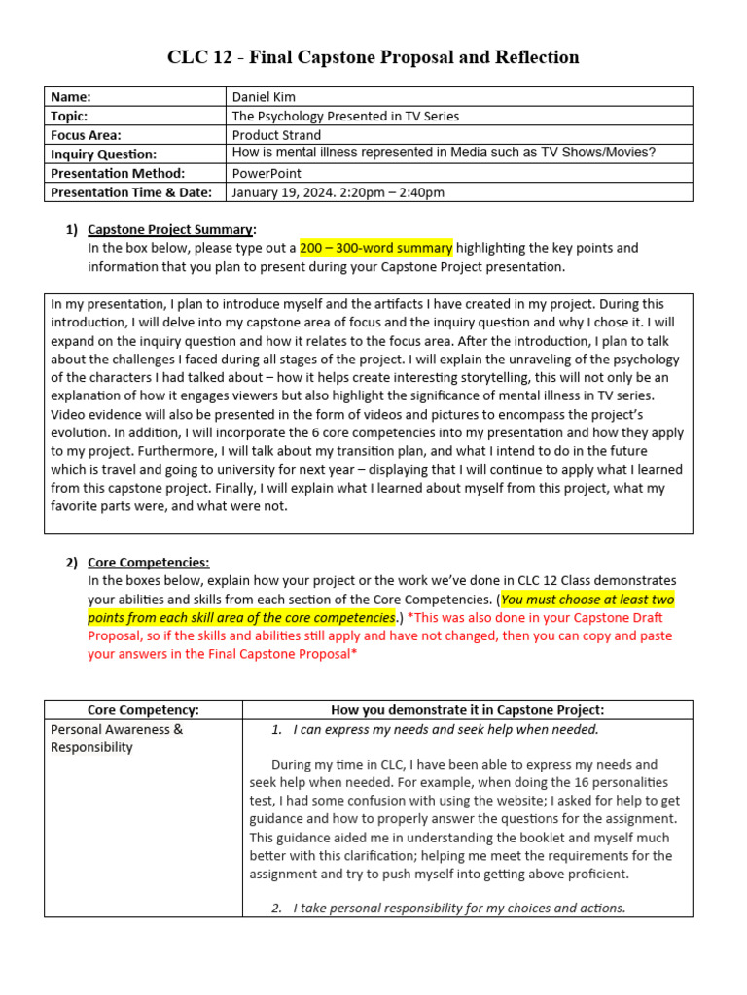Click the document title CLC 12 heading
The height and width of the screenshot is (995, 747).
[373, 57]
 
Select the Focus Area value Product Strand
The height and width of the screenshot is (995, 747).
[276, 135]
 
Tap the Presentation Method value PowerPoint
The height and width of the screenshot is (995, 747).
[267, 173]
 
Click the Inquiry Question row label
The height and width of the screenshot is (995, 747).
[103, 154]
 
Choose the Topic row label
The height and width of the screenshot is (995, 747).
[70, 116]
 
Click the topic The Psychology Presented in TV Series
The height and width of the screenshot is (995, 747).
[345, 116]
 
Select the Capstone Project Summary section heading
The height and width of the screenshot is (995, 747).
[171, 229]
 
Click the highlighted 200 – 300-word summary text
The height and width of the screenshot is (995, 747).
[375, 248]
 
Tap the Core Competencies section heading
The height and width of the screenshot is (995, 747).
[148, 562]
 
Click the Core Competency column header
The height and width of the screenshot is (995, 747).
[143, 710]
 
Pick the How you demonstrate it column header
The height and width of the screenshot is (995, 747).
[467, 710]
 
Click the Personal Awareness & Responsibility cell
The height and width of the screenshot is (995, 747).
[116, 738]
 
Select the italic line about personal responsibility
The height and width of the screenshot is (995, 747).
[459, 908]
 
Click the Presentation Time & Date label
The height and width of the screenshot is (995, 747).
[131, 192]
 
